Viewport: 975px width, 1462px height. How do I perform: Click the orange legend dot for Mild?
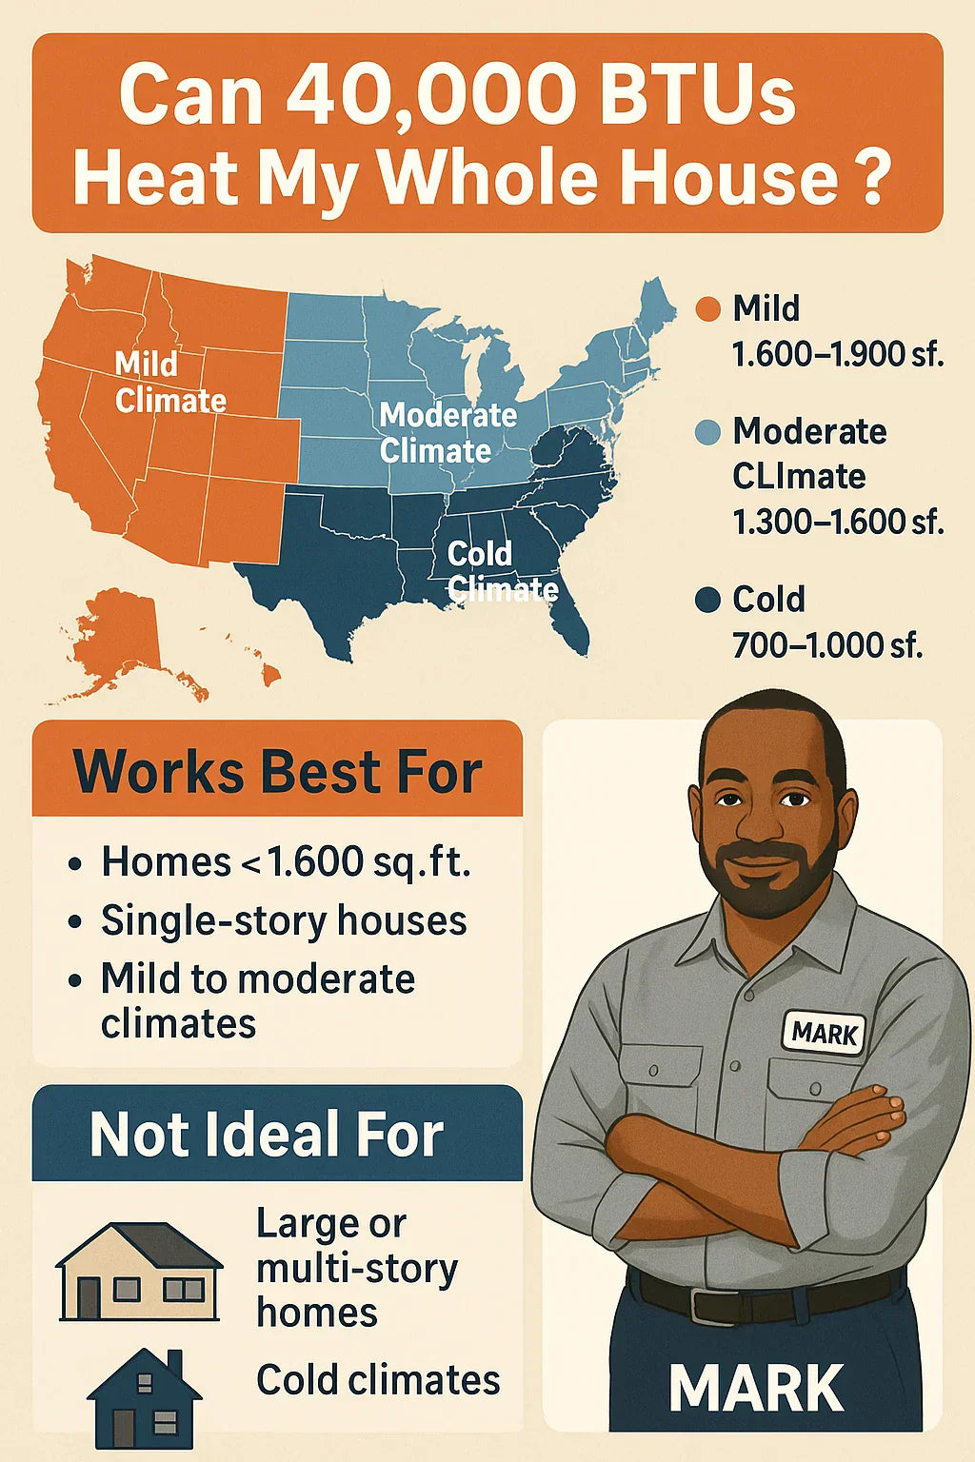click(707, 308)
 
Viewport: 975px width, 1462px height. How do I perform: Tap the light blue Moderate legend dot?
click(707, 432)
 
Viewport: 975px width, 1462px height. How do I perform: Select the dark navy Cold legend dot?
click(707, 600)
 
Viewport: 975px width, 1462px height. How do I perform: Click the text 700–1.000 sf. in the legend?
click(827, 645)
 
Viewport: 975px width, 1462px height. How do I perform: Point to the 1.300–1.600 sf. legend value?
click(839, 522)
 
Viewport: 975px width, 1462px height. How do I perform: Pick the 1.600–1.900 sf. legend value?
click(839, 355)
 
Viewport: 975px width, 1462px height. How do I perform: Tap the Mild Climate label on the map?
click(170, 382)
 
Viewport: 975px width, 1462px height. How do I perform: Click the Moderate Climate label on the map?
click(448, 432)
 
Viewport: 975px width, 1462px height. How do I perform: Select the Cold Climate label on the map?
click(502, 571)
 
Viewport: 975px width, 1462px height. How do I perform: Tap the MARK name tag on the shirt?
click(824, 1031)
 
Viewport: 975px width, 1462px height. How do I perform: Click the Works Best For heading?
click(277, 772)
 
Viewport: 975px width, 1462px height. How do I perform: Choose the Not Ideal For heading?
click(267, 1134)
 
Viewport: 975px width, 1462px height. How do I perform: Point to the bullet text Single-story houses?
click(284, 921)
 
